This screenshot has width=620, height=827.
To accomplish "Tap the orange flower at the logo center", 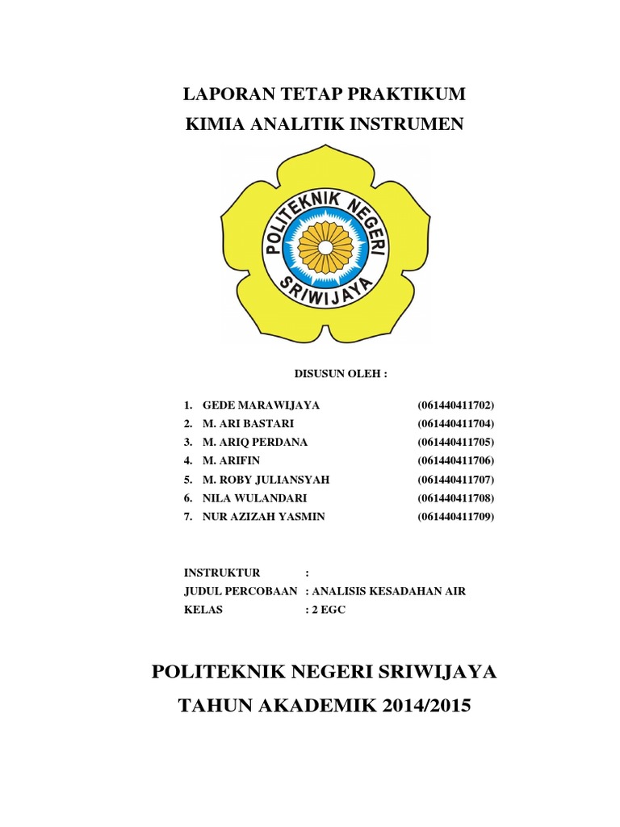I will (x=325, y=246).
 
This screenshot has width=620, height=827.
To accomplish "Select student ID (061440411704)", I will (x=455, y=423).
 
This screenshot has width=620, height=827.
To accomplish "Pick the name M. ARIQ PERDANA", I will (x=255, y=442).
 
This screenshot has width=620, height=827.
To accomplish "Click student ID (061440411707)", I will (x=455, y=479).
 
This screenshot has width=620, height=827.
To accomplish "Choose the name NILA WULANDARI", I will (x=254, y=497).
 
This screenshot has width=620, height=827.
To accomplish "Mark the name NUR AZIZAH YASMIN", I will (x=264, y=516).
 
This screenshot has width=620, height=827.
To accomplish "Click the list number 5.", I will (x=186, y=479).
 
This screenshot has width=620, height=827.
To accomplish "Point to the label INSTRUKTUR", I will (x=222, y=573).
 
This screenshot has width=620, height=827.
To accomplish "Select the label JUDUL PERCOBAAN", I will (x=241, y=591).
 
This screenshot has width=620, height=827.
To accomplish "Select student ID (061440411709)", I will (x=455, y=516).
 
